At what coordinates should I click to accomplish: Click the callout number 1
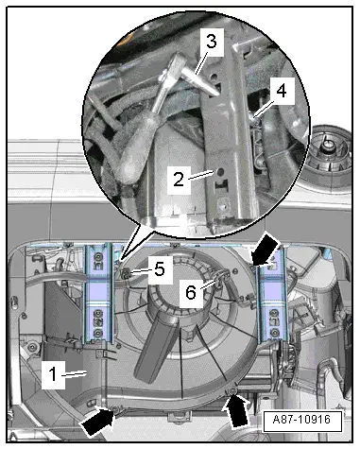[x=53, y=374]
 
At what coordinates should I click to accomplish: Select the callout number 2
[x=179, y=180]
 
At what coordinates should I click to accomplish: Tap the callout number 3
[x=212, y=42]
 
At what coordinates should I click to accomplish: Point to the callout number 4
[x=282, y=91]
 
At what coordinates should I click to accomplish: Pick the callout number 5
[x=160, y=269]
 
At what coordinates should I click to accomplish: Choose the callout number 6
[x=191, y=292]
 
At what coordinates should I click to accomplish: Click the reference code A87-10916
[x=301, y=420]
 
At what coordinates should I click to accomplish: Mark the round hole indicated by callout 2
[x=220, y=172]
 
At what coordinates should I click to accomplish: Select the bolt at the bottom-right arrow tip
[x=233, y=391]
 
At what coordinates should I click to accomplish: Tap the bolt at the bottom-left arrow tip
[x=114, y=409]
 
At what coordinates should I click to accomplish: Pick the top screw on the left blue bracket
[x=97, y=257]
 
